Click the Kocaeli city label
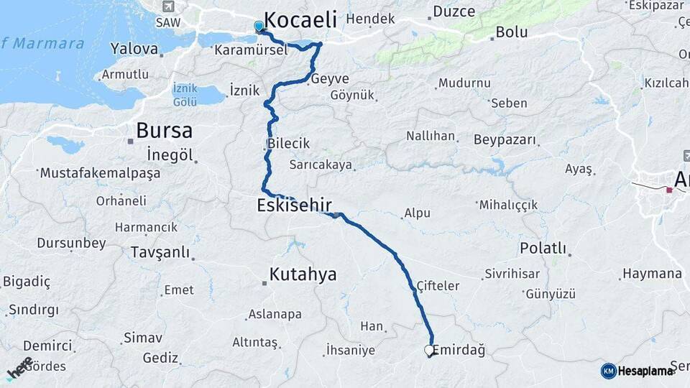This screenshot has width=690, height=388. pos(300,19)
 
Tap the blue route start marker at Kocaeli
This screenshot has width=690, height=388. pos(259,27)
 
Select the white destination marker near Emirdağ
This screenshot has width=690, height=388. pos(429,351)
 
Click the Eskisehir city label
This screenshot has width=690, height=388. pos(294,205)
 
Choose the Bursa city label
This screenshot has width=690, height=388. pos(164,131)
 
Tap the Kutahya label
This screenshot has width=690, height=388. pos(303,274)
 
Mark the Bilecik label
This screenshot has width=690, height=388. pos(288,143)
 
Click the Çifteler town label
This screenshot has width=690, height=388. pos(438,286)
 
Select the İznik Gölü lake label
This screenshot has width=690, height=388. pos(185,95)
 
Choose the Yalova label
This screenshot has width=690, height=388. pos(134,49)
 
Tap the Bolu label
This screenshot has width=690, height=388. pos(511,32)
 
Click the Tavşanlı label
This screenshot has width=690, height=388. pos(160,252)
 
